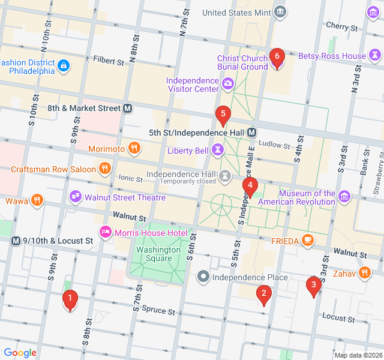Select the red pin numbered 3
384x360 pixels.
pos(312,286)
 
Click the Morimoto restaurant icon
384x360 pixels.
pos(134,148)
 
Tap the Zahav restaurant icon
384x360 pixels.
pos(364,273)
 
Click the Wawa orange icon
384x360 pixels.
pos(37,200)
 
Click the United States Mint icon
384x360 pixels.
pos(280,12)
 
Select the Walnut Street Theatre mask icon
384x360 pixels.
pos(75,197)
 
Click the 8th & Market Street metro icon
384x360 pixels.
pos(127,109)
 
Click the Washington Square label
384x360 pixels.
pos(158,254)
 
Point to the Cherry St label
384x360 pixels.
pos(341,26)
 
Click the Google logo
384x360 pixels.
pos(20,353)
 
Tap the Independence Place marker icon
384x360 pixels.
pos(203,277)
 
